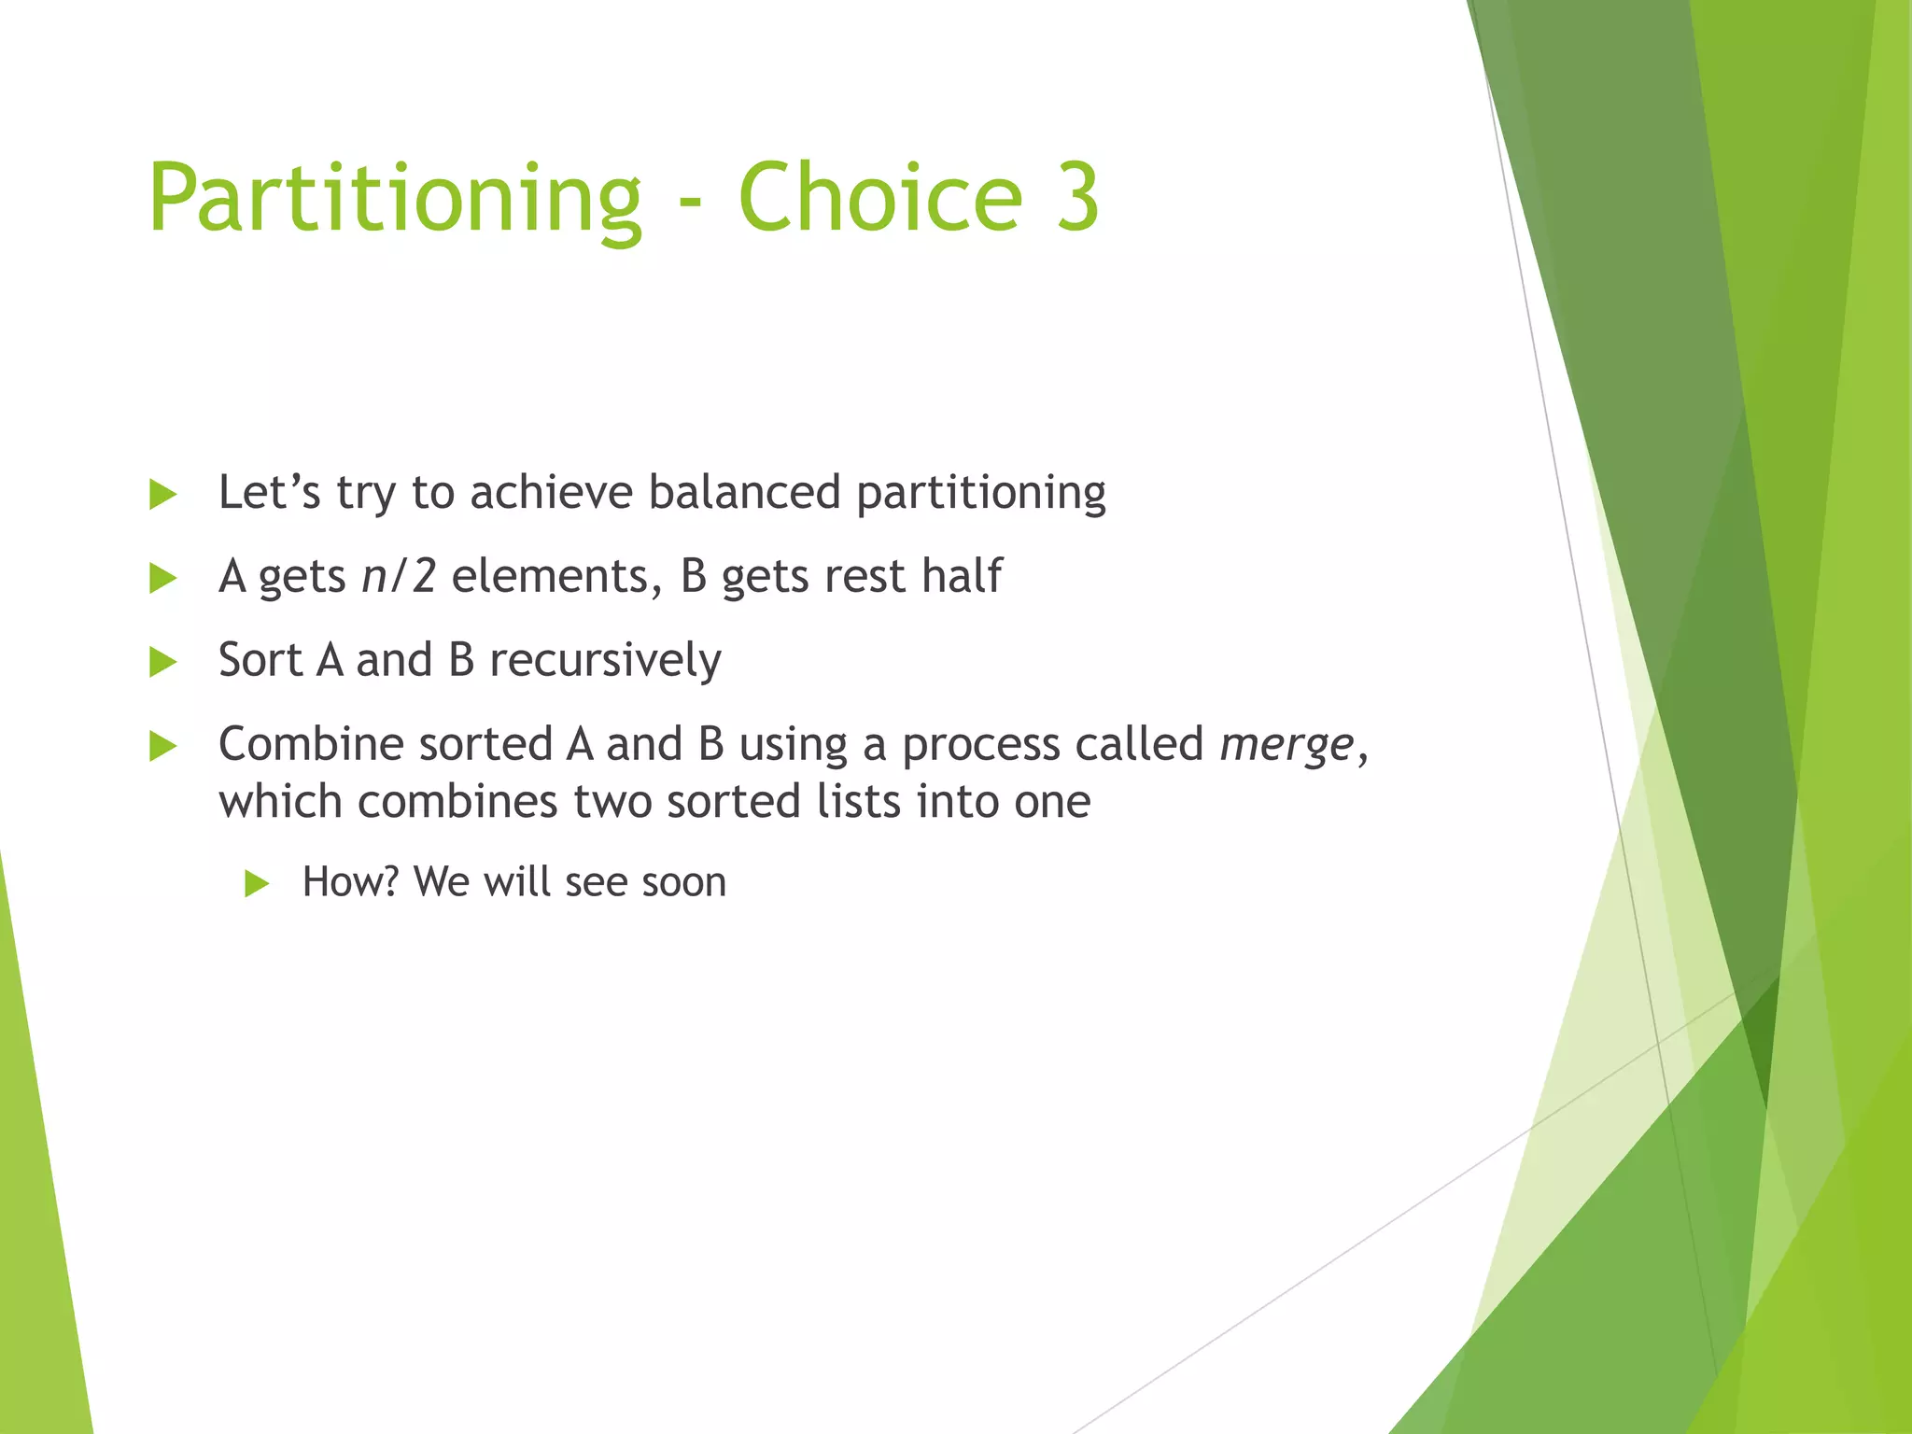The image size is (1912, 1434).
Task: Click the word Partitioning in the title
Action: (395, 198)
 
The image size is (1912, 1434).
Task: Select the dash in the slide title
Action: (690, 202)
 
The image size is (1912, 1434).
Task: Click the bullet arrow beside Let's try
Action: (162, 495)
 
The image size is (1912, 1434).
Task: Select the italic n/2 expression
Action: (399, 576)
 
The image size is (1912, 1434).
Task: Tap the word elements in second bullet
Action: (550, 576)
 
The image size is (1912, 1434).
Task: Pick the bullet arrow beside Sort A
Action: (162, 663)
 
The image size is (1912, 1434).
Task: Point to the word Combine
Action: (310, 744)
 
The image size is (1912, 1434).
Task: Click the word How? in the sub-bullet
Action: (350, 882)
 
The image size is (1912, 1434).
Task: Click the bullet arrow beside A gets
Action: (162, 579)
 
